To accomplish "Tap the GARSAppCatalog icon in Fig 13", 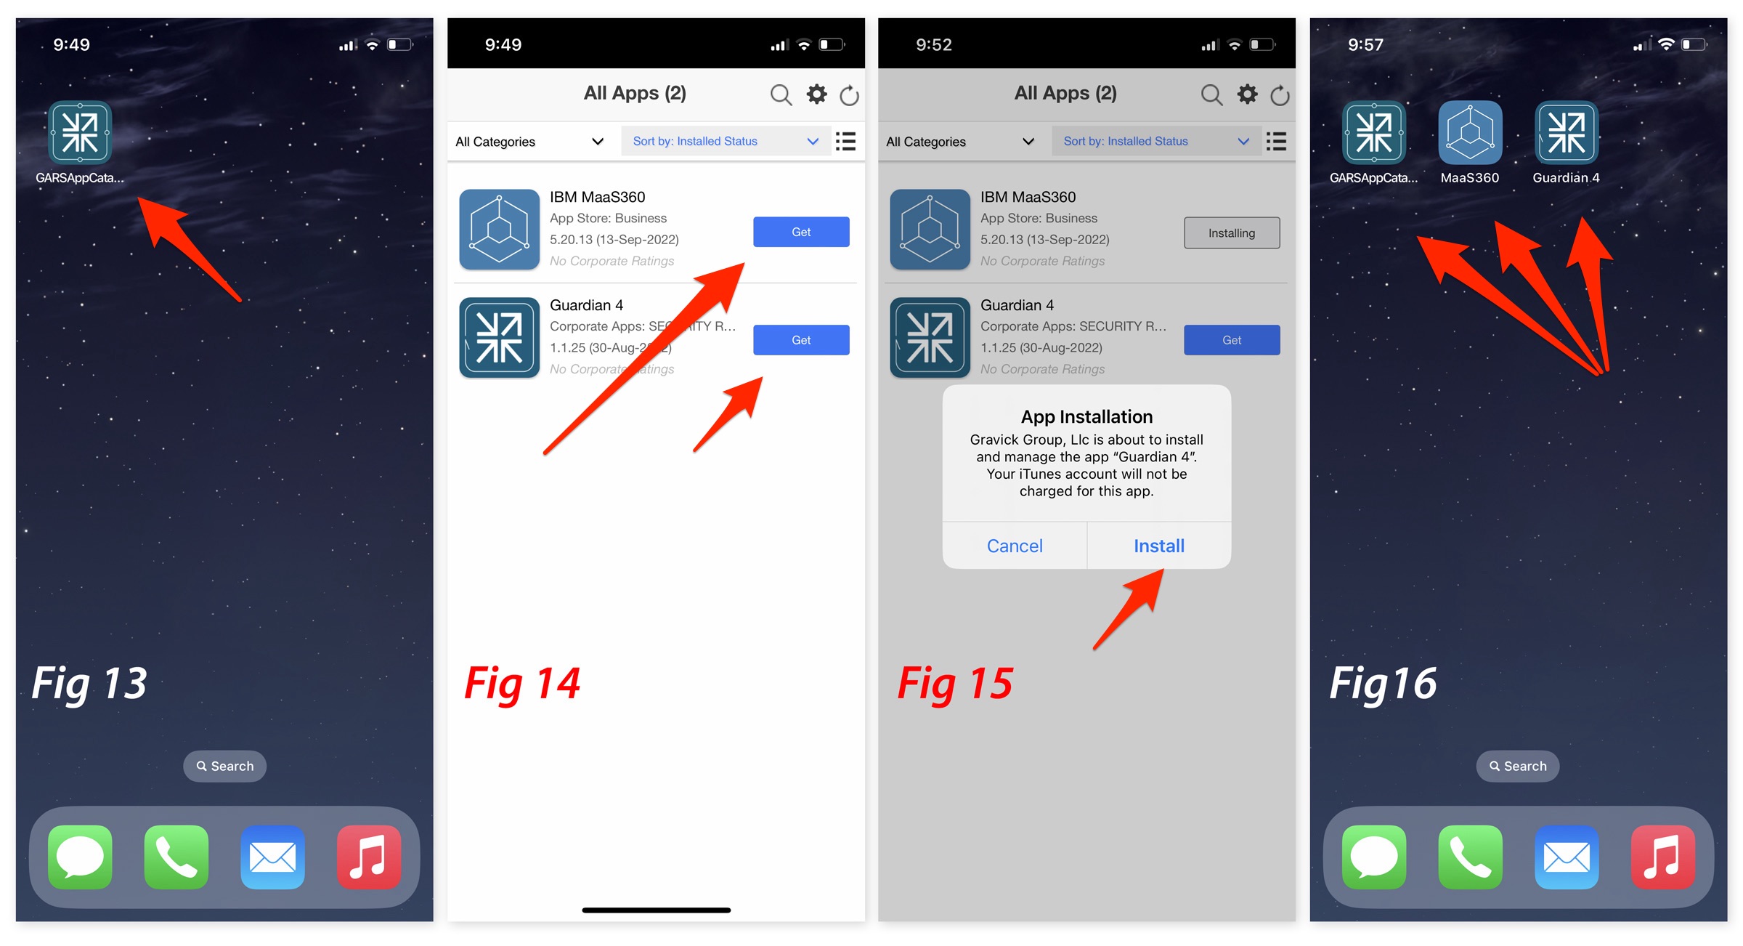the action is pyautogui.click(x=80, y=132).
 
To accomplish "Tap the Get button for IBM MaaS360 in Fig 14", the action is pyautogui.click(x=801, y=232).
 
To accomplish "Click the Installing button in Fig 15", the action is pyautogui.click(x=1232, y=233).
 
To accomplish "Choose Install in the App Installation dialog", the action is pyautogui.click(x=1159, y=546).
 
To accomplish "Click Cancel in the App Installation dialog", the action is pyautogui.click(x=1015, y=546).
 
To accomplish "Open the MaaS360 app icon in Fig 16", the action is pyautogui.click(x=1470, y=132).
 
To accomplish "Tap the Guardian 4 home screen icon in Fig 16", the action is pyautogui.click(x=1567, y=132).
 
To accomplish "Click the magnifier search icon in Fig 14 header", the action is pyautogui.click(x=781, y=94).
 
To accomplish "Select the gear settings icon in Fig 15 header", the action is pyautogui.click(x=1248, y=94).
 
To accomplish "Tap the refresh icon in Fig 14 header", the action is pyautogui.click(x=849, y=95).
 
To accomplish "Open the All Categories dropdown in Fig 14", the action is pyautogui.click(x=529, y=142).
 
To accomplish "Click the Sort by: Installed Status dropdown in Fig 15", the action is pyautogui.click(x=1156, y=141).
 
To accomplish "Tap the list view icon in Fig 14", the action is pyautogui.click(x=845, y=141).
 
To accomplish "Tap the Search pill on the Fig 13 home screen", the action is pyautogui.click(x=224, y=766).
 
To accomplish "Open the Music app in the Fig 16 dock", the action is pyautogui.click(x=1663, y=857).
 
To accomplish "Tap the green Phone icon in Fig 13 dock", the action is pyautogui.click(x=176, y=857).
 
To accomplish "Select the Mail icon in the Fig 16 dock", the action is pyautogui.click(x=1567, y=857).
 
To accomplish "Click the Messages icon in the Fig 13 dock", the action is pyautogui.click(x=80, y=857).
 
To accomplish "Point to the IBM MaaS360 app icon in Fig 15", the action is pyautogui.click(x=930, y=230).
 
